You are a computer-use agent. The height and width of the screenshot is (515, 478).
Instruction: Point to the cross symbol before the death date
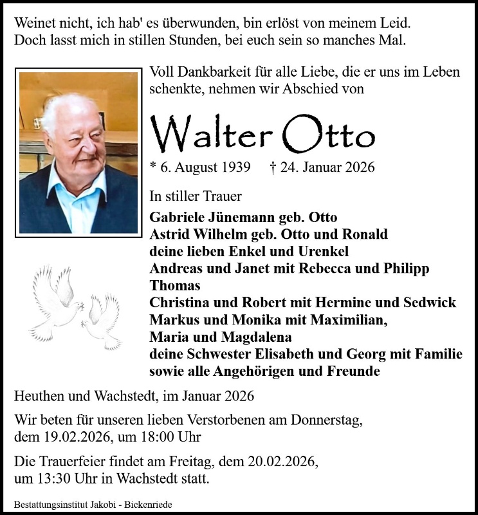pos(273,167)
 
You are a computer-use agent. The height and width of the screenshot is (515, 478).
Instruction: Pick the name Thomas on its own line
pos(174,285)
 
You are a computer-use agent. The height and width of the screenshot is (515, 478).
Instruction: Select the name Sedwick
pos(430,302)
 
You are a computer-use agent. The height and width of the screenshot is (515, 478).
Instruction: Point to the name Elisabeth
pos(290,354)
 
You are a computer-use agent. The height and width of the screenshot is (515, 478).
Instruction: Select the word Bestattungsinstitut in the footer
pos(47,505)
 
